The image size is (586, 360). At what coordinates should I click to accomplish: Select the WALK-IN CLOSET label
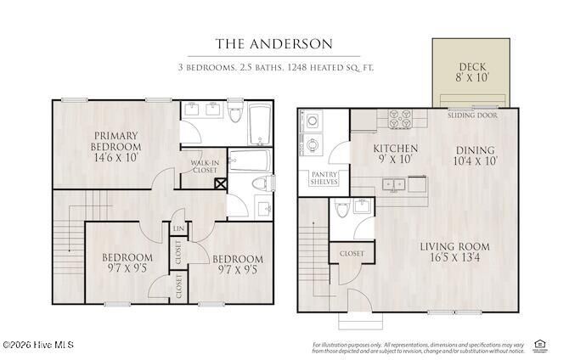click(x=205, y=166)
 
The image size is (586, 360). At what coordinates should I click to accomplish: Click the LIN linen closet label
click(x=179, y=228)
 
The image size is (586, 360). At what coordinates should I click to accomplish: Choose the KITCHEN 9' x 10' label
click(x=394, y=154)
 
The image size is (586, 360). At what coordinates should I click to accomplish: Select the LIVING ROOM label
click(x=454, y=253)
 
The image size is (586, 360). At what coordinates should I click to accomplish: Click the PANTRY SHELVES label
click(x=324, y=178)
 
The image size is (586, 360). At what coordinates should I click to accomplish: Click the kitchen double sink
click(x=392, y=183)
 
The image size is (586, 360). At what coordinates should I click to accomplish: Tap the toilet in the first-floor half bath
click(x=341, y=208)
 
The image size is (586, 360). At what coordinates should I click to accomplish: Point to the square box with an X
click(x=220, y=183)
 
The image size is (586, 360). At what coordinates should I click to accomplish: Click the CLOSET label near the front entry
click(x=352, y=254)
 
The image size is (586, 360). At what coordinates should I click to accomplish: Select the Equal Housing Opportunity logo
click(x=538, y=344)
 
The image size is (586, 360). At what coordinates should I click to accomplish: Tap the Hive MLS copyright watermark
click(x=38, y=345)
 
